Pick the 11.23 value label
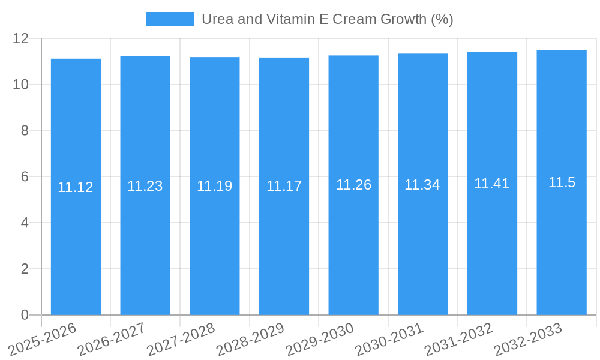click(145, 186)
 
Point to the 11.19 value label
click(215, 186)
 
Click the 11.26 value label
click(353, 185)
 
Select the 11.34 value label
click(422, 185)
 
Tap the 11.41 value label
click(492, 184)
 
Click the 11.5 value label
click(562, 182)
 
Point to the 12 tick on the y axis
click(21, 38)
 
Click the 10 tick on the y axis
click(21, 85)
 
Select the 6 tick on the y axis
click(25, 177)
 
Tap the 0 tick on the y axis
click(25, 315)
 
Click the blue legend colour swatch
click(170, 19)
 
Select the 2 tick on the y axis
click(25, 269)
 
